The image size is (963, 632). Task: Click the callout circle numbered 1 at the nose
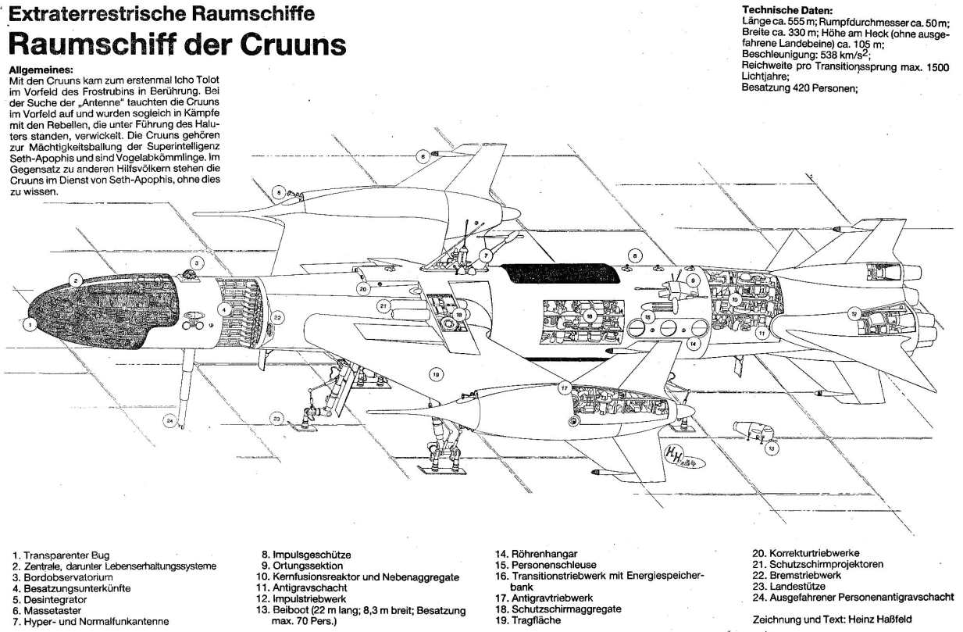[29, 323]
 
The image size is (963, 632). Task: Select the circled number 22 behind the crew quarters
[277, 317]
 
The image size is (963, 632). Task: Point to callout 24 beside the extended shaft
[169, 420]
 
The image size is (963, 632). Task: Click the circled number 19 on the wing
[435, 374]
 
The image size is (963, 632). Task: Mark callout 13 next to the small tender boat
[772, 448]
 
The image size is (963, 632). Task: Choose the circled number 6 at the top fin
[423, 156]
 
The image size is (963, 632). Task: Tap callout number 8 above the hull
[636, 255]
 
